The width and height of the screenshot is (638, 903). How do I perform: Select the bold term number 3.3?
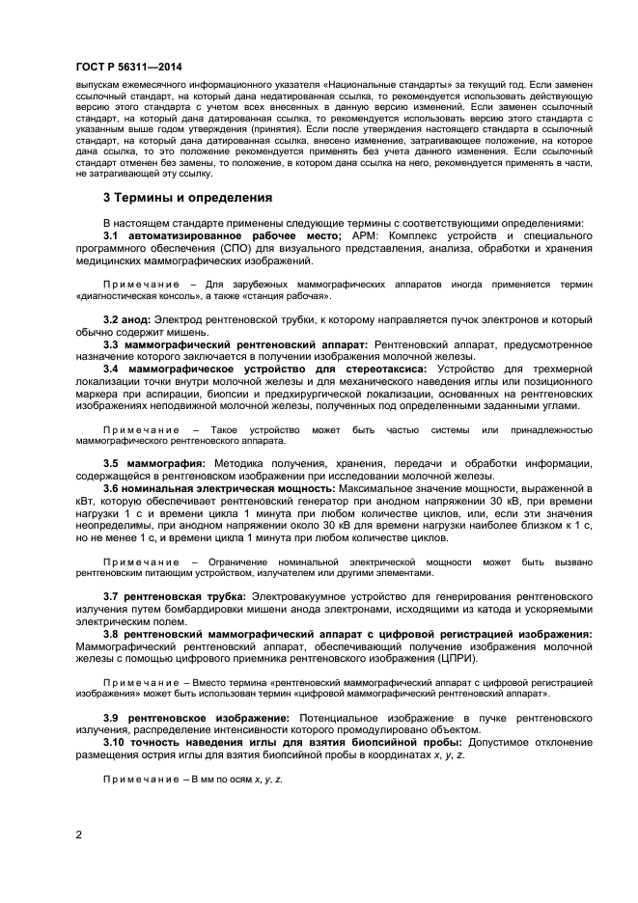click(110, 344)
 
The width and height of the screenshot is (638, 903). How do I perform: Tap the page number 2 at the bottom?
click(79, 833)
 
